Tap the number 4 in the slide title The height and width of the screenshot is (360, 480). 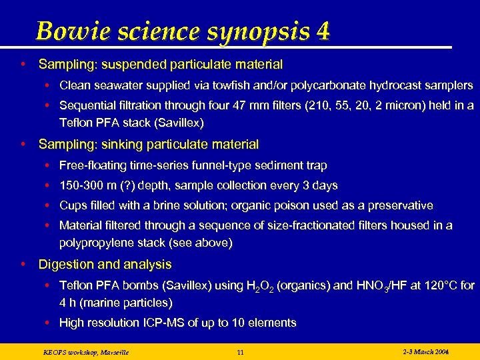[323, 31]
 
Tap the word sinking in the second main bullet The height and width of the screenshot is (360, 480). [119, 144]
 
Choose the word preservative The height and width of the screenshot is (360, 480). [398, 205]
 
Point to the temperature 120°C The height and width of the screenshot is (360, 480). [437, 285]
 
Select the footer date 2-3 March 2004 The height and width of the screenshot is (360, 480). [426, 351]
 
